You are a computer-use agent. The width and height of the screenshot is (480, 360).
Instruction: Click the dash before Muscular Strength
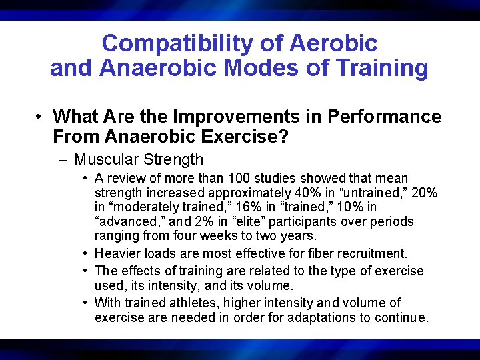63,159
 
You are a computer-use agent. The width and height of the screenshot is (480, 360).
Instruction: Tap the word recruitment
375,253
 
